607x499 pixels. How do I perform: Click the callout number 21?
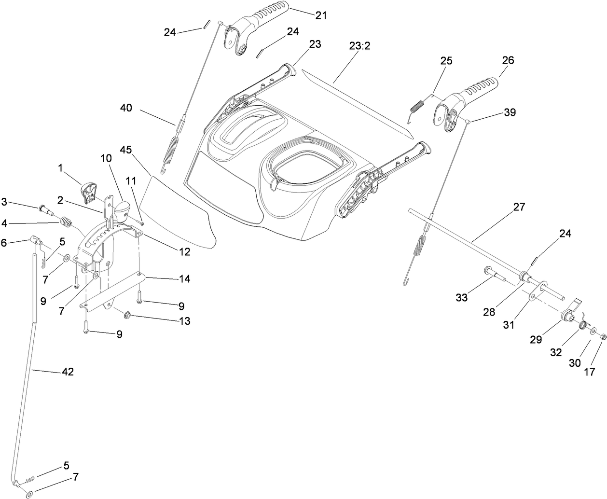tap(321, 15)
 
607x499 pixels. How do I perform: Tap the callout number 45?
tap(125, 150)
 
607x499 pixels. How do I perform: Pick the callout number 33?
tap(462, 298)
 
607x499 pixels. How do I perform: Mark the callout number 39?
tap(509, 112)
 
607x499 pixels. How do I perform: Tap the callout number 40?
tap(126, 109)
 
